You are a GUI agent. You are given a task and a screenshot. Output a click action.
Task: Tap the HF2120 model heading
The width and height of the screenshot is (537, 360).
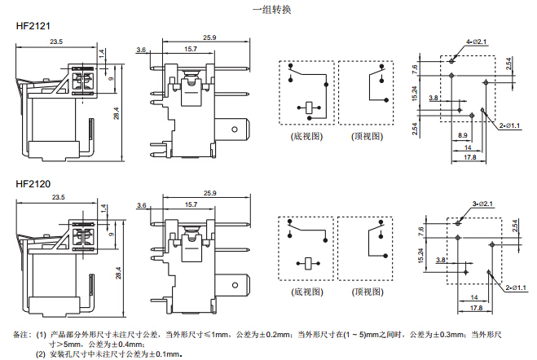pos(33,182)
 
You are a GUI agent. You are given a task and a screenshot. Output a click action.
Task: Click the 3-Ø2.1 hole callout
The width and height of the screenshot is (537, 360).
pos(479,202)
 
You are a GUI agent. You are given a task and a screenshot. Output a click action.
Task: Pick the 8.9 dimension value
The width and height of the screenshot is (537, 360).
pos(462,134)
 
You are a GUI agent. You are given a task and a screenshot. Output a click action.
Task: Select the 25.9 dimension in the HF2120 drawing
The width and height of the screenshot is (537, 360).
pos(209,193)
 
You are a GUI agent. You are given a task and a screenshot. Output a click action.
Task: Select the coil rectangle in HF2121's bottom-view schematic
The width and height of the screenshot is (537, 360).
pos(310,106)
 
